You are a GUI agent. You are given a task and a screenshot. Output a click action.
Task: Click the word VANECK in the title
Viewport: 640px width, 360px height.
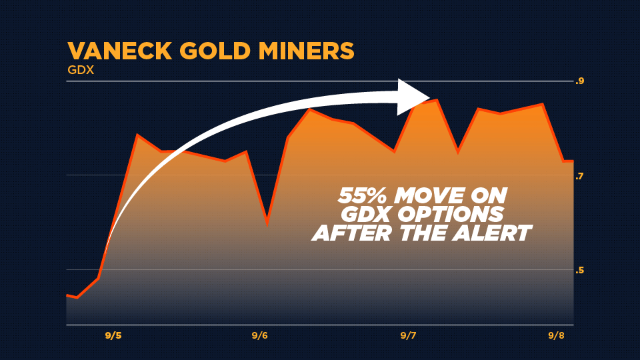click(119, 51)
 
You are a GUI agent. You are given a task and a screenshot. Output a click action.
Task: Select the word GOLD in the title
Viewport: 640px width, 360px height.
click(215, 51)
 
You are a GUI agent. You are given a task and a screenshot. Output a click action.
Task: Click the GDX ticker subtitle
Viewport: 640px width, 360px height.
click(81, 70)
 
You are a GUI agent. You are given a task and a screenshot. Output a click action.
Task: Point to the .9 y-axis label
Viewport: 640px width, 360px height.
click(579, 81)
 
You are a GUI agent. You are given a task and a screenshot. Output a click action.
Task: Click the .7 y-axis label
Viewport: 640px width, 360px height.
click(579, 176)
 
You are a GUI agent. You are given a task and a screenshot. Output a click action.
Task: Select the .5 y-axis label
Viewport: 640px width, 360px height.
click(579, 270)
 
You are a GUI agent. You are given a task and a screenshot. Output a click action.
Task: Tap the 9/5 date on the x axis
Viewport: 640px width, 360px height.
click(113, 335)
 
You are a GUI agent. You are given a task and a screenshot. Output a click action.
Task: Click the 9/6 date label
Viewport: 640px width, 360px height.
click(259, 335)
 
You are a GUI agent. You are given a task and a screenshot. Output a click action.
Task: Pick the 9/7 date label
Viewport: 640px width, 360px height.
click(408, 335)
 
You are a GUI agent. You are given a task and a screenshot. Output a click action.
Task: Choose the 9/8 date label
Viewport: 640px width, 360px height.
click(556, 335)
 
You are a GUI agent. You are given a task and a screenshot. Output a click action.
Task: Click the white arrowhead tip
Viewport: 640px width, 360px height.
click(430, 97)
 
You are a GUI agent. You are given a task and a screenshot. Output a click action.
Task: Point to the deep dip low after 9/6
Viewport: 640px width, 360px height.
click(267, 224)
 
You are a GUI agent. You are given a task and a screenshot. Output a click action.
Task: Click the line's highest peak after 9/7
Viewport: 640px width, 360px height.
click(437, 99)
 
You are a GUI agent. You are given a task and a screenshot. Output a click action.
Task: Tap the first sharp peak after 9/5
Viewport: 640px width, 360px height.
click(137, 134)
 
